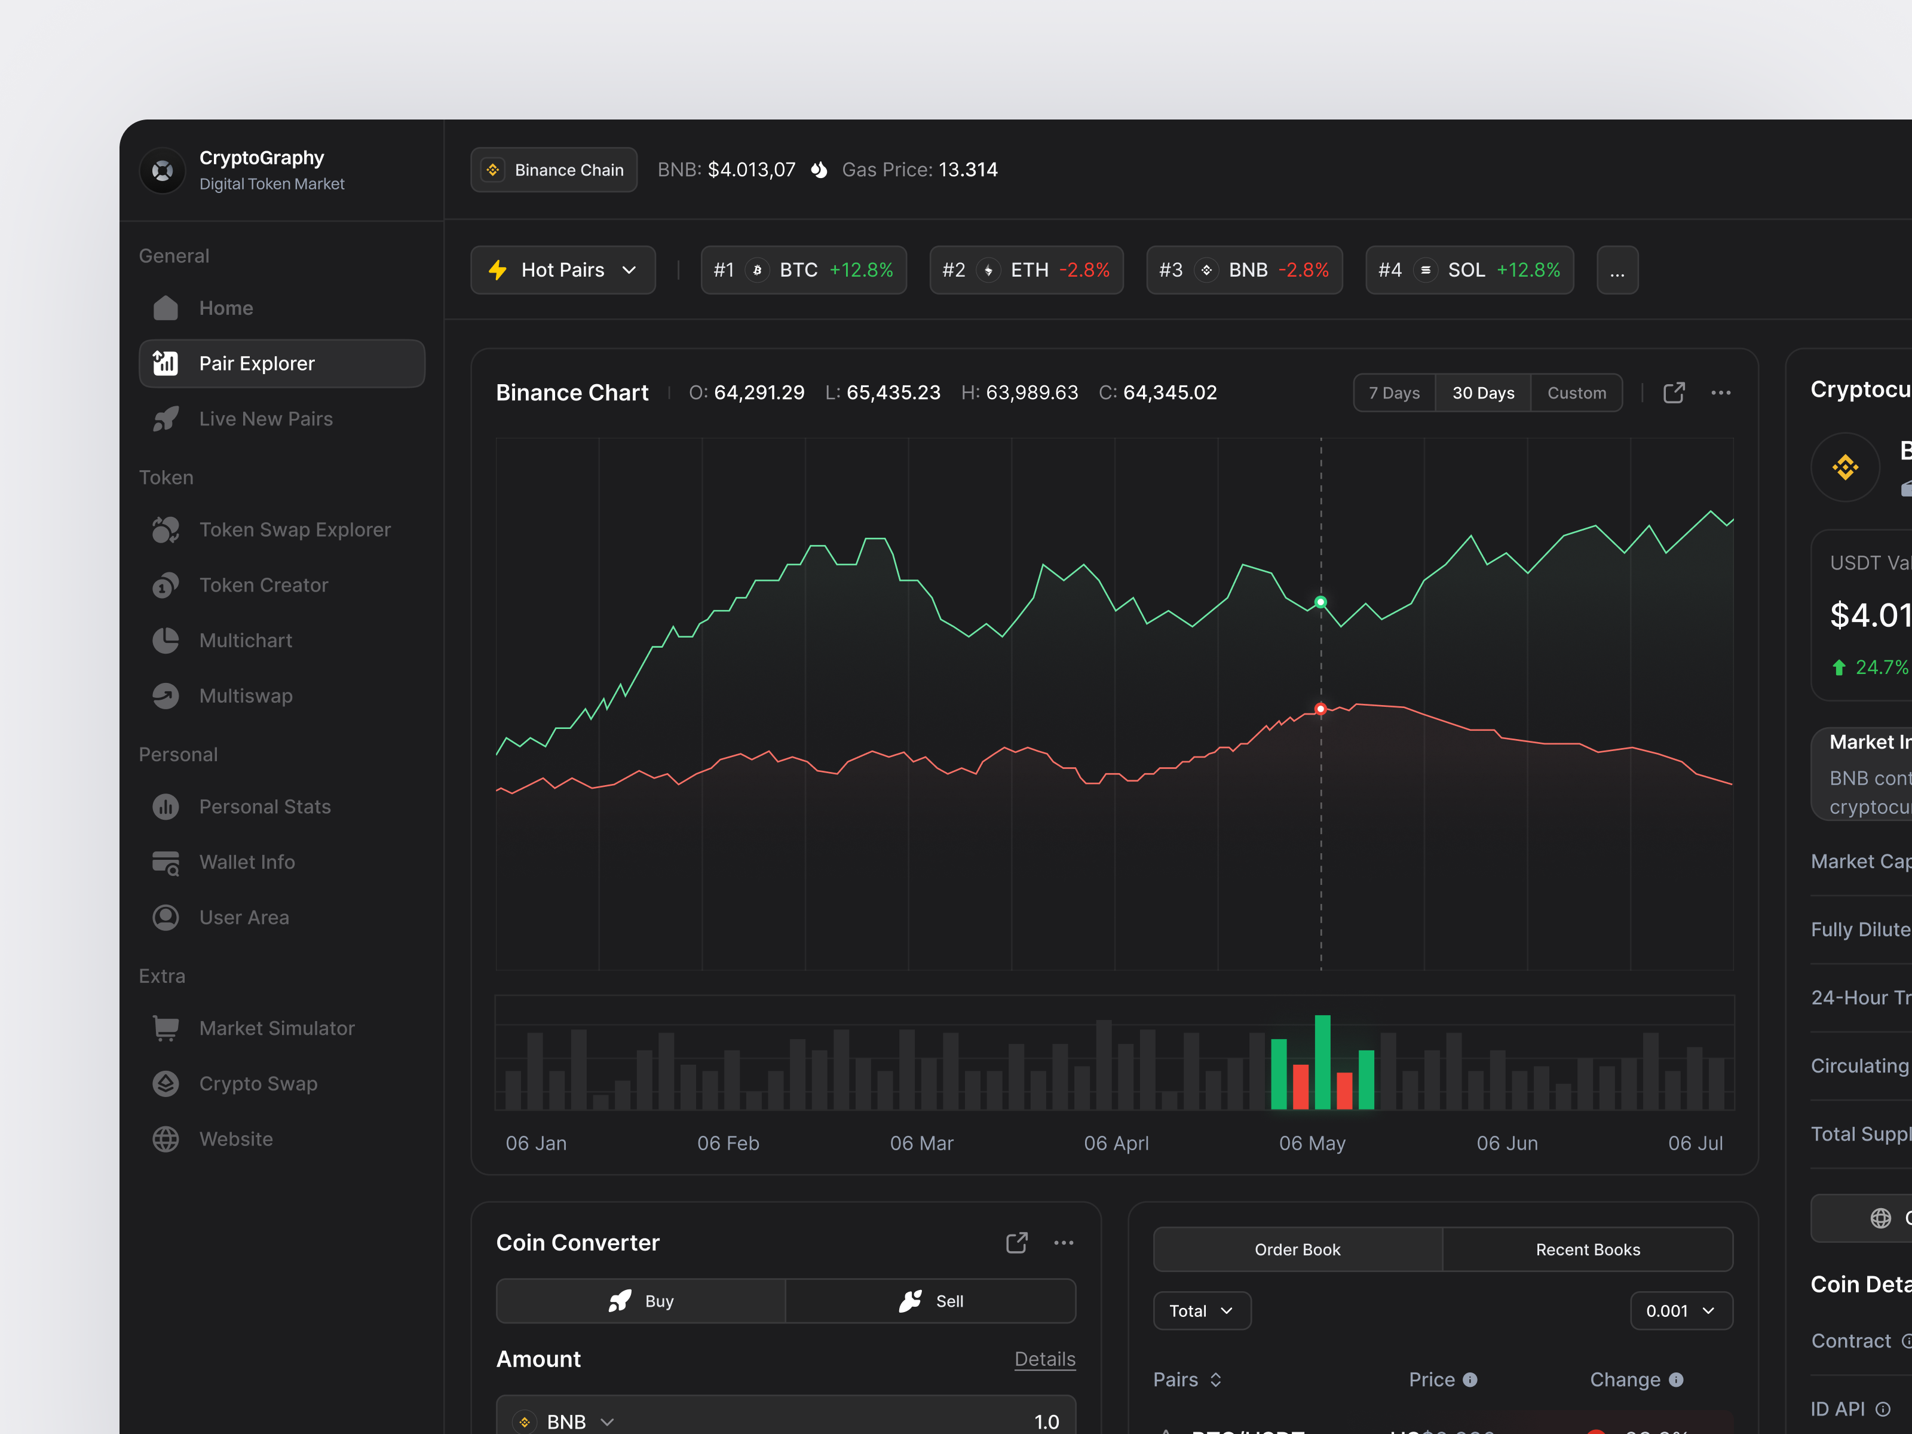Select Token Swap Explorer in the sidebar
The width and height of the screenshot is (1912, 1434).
(294, 530)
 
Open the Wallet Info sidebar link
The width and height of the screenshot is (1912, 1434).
(246, 862)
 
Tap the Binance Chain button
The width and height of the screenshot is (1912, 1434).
(553, 170)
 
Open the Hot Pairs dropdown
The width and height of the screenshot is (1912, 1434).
(563, 269)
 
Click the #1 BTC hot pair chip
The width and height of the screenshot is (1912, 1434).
(803, 269)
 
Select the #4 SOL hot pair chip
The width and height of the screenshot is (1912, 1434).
(1469, 269)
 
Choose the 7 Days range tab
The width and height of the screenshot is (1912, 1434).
(1393, 393)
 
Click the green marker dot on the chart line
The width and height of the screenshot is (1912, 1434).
(1320, 602)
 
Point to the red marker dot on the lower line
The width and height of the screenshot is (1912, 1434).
(1320, 709)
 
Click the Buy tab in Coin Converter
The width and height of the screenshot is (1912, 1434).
(641, 1301)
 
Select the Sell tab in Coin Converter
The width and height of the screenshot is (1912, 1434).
(931, 1301)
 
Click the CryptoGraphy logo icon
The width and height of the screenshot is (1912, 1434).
(163, 170)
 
